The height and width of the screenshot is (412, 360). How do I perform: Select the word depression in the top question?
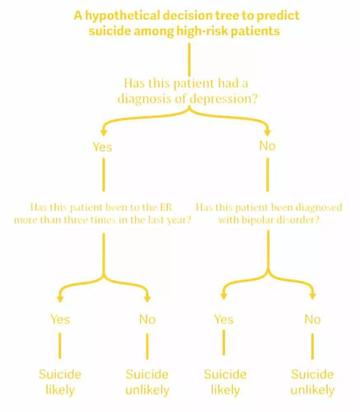pyautogui.click(x=223, y=99)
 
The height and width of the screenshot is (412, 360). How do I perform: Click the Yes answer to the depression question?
pyautogui.click(x=103, y=147)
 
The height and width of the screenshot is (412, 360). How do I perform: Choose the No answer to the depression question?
pyautogui.click(x=267, y=146)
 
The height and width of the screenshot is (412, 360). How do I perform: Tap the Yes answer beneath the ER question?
pyautogui.click(x=60, y=320)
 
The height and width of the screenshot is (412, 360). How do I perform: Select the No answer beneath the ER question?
pyautogui.click(x=147, y=320)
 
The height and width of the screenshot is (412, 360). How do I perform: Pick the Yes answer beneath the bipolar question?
pyautogui.click(x=224, y=320)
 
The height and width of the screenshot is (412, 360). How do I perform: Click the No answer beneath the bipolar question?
pyautogui.click(x=313, y=320)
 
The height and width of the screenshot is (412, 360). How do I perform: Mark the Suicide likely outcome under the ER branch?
pyautogui.click(x=60, y=382)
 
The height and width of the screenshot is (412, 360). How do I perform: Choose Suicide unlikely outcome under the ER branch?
pyautogui.click(x=147, y=382)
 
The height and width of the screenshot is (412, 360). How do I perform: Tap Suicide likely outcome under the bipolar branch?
pyautogui.click(x=225, y=382)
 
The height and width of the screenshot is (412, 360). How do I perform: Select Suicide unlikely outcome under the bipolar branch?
pyautogui.click(x=313, y=382)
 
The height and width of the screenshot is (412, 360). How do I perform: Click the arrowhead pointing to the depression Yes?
pyautogui.click(x=104, y=132)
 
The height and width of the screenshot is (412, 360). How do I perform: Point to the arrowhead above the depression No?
pyautogui.click(x=267, y=132)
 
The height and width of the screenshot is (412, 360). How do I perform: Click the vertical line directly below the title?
pyautogui.click(x=189, y=60)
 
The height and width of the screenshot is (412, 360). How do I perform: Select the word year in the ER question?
pyautogui.click(x=182, y=220)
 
